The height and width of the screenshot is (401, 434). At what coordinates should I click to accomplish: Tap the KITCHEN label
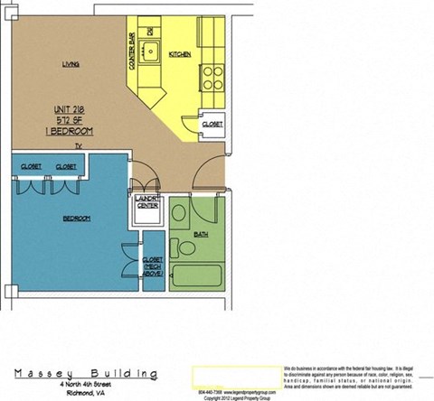point(180,54)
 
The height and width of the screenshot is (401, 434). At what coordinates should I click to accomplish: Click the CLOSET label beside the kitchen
point(212,123)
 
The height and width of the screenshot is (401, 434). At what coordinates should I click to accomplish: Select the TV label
point(78,145)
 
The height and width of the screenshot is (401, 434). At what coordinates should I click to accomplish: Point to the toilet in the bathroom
point(179,217)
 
